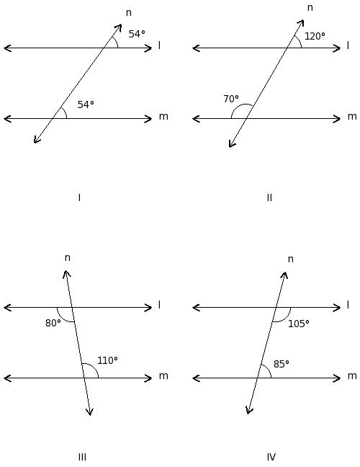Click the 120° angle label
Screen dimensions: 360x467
315,36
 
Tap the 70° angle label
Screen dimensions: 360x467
231,99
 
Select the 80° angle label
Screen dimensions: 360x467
53,323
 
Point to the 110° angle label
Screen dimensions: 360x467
107,360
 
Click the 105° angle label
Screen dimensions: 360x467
298,324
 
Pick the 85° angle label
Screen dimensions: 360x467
281,364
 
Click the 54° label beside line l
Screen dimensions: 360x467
137,34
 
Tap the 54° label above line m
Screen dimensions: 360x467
86,104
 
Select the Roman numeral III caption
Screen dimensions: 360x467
82,457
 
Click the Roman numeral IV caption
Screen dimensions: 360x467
271,457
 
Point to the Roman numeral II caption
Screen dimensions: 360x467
269,197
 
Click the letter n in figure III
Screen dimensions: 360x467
68,257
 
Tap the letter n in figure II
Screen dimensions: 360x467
310,7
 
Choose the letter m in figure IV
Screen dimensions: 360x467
352,376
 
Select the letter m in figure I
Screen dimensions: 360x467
163,117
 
